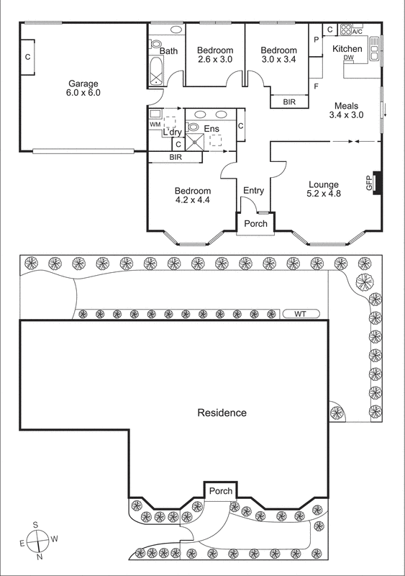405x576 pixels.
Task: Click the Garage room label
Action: point(84,88)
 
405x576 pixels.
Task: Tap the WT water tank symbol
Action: point(299,313)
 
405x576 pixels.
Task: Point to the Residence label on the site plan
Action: point(222,413)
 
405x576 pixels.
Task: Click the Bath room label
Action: point(168,51)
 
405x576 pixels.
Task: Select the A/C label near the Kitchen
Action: point(356,32)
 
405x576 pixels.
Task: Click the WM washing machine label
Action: point(155,125)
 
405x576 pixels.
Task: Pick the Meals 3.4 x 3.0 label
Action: point(346,109)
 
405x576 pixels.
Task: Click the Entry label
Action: point(253,191)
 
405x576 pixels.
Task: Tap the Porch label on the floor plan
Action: point(255,224)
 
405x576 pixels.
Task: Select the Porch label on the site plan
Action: point(220,491)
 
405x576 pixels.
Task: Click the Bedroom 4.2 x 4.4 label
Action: point(192,196)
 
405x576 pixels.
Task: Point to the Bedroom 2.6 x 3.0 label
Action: point(215,55)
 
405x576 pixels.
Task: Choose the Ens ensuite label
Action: point(211,129)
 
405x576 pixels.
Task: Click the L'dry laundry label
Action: point(172,132)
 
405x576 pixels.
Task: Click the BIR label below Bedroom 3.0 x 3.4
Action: point(289,102)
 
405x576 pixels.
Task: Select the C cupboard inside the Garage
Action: point(27,56)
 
